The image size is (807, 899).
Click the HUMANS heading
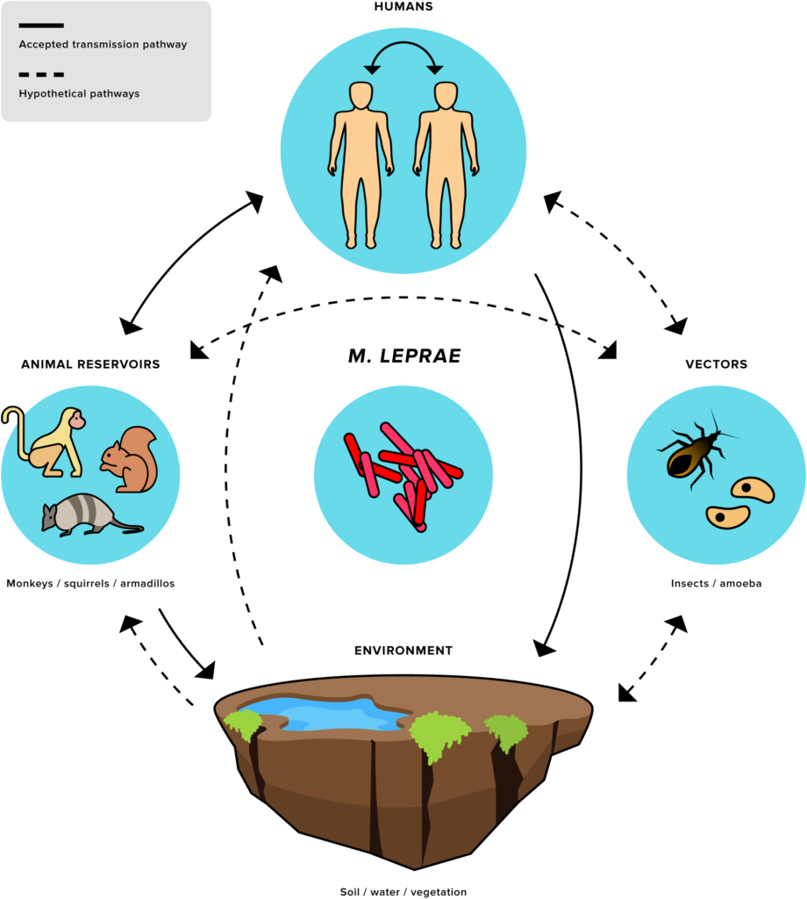click(x=403, y=7)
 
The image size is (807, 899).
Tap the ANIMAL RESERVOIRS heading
click(x=90, y=364)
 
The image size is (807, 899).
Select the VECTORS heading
click(x=716, y=364)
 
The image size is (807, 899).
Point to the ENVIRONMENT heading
click(x=403, y=651)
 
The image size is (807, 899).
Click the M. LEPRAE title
click(x=404, y=356)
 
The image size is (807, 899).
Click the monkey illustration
click(x=45, y=442)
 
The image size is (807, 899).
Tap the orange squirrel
click(x=130, y=459)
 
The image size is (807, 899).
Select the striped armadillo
click(x=91, y=514)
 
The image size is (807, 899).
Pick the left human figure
click(x=361, y=165)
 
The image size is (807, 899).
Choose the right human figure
click(x=446, y=165)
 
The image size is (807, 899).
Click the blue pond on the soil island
click(x=325, y=714)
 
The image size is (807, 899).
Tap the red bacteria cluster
click(x=403, y=475)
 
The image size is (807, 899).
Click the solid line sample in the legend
click(x=41, y=25)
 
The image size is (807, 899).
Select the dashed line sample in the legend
click(x=41, y=75)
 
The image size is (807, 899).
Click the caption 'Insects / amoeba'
click(x=716, y=584)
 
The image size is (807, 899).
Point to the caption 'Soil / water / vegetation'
click(x=403, y=892)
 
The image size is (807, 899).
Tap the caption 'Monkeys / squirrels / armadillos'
click(x=90, y=584)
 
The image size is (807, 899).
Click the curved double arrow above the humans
click(x=403, y=44)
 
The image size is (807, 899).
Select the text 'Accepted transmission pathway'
click(x=104, y=45)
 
